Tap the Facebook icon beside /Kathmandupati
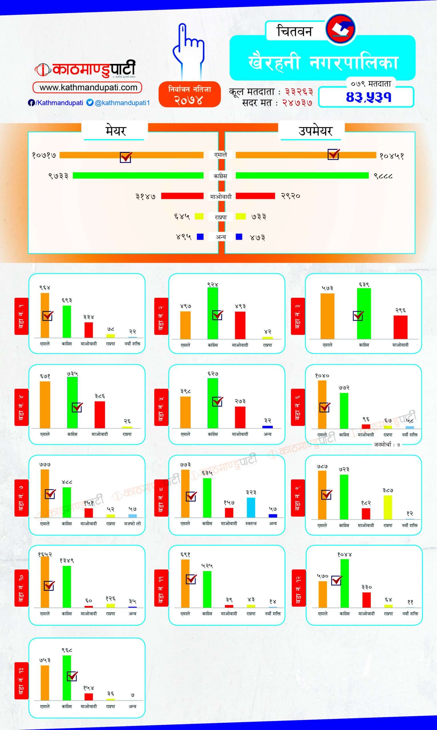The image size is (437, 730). [x=31, y=103]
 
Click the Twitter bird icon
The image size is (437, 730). [x=90, y=102]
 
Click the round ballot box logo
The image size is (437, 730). [x=341, y=29]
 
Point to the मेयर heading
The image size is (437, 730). [x=115, y=130]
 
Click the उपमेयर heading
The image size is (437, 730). [x=315, y=131]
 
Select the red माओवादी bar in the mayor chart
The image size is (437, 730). [x=182, y=196]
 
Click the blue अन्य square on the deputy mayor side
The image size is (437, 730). [x=239, y=237]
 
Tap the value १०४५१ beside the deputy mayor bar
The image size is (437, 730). [x=391, y=156]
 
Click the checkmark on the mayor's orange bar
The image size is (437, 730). [x=126, y=157]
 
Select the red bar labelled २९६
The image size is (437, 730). [x=400, y=327]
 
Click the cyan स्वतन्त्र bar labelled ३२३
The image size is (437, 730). [x=251, y=507]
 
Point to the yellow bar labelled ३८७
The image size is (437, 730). [x=388, y=507]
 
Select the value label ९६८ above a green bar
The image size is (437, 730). [x=67, y=650]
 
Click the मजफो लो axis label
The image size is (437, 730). [x=132, y=524]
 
